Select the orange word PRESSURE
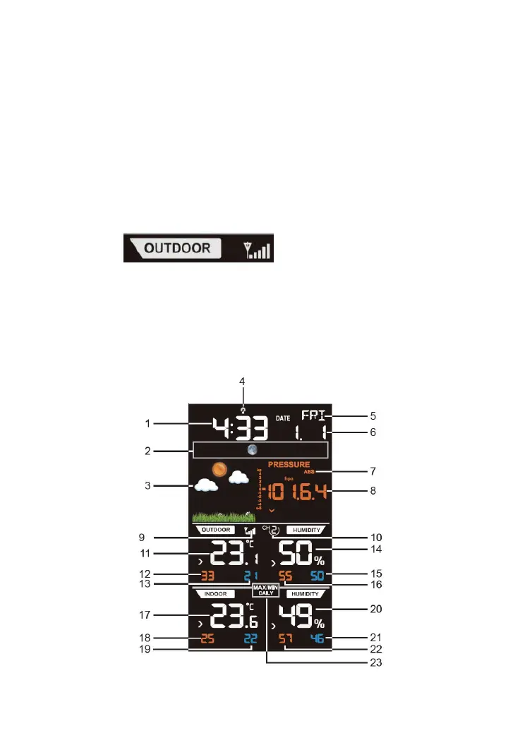(289, 465)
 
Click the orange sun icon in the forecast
(220, 470)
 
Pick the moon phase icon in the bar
(252, 450)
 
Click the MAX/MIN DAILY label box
(267, 590)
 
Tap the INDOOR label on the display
(214, 593)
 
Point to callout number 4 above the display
(242, 381)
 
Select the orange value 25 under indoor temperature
(207, 640)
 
